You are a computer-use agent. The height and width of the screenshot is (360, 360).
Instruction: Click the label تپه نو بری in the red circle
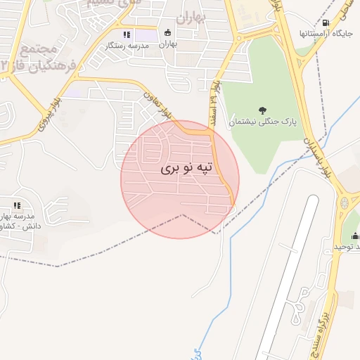pos(186,168)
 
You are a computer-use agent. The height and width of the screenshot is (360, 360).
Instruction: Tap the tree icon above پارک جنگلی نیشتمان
pos(262,110)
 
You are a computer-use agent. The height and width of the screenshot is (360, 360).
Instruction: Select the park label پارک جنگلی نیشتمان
pos(262,122)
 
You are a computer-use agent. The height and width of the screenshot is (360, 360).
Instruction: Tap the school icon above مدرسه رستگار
pos(126,34)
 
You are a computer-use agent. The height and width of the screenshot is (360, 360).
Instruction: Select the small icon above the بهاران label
pos(167,32)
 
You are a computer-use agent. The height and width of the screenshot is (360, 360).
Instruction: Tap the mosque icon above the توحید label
pos(355,236)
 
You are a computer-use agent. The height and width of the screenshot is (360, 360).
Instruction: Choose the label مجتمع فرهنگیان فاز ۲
pos(28,58)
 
